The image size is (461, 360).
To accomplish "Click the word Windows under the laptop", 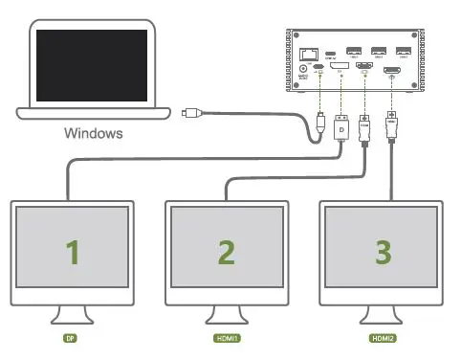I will click(93, 133).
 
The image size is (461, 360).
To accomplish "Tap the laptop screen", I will click(92, 64).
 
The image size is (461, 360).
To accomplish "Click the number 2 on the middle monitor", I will click(226, 252).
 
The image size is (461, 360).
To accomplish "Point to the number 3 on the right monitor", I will click(383, 252).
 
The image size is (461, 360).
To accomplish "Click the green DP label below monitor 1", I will click(69, 339).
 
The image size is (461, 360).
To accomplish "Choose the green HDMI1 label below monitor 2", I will click(226, 339).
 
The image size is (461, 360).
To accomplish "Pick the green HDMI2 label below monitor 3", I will click(383, 339).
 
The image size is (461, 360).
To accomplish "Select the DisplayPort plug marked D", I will click(341, 127).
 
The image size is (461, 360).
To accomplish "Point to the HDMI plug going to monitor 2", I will click(364, 127).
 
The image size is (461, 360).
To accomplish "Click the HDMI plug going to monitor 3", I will click(390, 124).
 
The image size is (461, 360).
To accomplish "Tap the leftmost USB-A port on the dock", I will click(354, 50).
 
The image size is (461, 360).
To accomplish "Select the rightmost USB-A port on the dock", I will click(404, 50).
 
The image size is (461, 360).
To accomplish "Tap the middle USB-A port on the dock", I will click(379, 50).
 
